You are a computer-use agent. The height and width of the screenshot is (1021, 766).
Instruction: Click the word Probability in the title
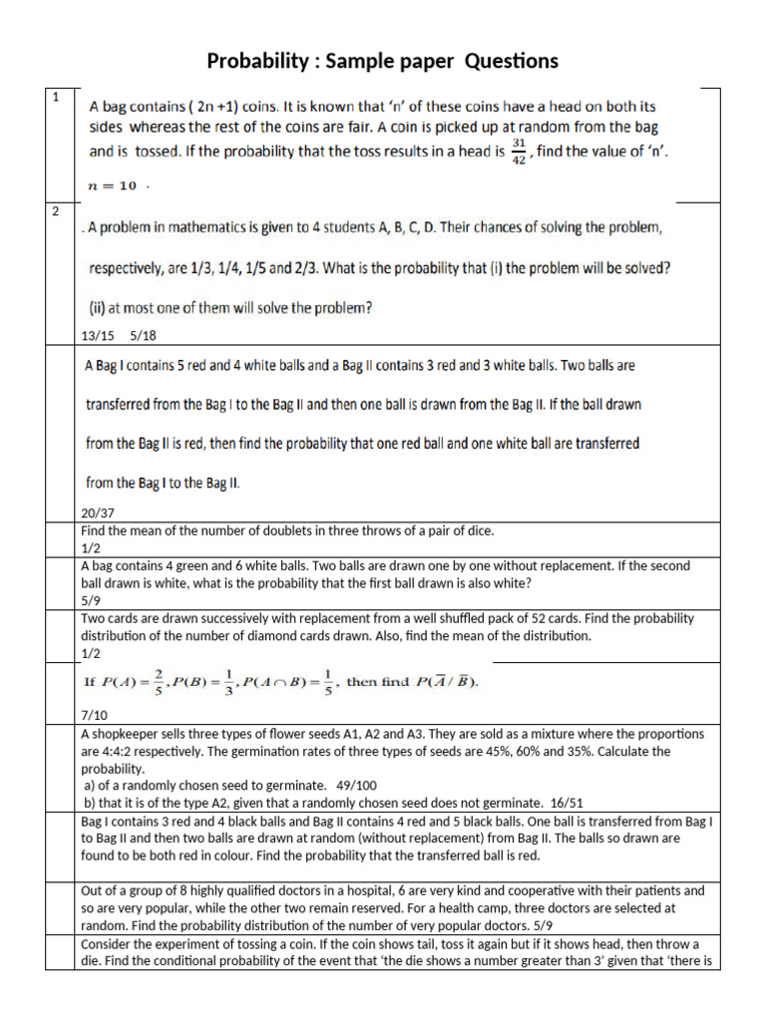(x=257, y=62)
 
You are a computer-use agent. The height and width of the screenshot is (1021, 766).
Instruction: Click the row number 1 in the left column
(x=57, y=97)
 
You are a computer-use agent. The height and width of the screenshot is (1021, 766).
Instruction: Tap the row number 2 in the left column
(x=57, y=211)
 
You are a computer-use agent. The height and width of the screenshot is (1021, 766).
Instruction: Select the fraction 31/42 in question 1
(x=517, y=153)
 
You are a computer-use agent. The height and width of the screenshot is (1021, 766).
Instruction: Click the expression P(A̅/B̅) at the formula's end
(x=446, y=682)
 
